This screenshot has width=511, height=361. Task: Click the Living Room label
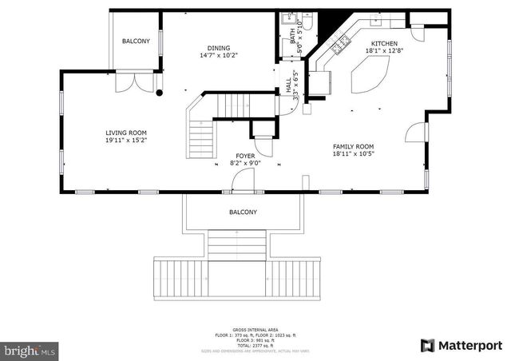click(x=126, y=133)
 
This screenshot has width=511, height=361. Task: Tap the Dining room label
click(x=218, y=48)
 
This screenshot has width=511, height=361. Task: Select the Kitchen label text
click(x=383, y=43)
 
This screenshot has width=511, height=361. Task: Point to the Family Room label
click(x=353, y=146)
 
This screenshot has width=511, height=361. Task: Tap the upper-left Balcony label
click(x=136, y=41)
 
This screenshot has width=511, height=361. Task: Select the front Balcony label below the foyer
click(x=244, y=212)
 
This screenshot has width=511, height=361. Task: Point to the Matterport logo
click(x=461, y=345)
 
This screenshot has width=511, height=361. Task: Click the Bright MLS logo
click(x=30, y=350)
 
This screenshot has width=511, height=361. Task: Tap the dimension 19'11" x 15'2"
click(x=126, y=140)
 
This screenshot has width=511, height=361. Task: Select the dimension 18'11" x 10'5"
click(x=353, y=153)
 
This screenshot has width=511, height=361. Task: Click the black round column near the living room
click(x=159, y=93)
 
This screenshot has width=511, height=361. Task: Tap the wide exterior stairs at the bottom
click(x=237, y=276)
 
